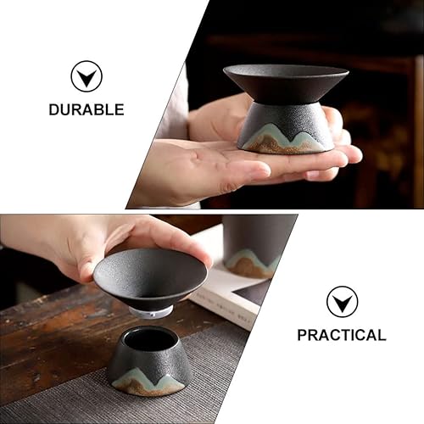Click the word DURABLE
point(86,109)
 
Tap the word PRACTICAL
point(342,335)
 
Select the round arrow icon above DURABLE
point(86,76)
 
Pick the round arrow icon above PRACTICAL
point(342,302)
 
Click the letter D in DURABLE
point(53,109)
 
